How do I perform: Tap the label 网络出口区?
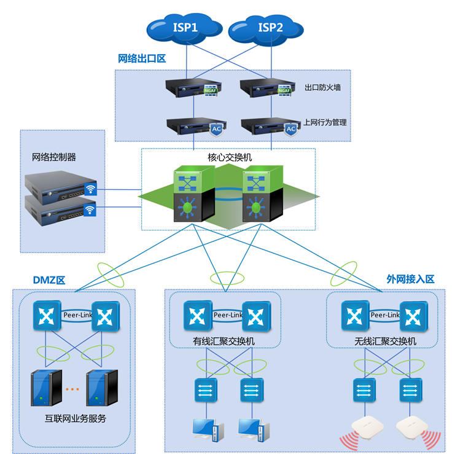point(142,59)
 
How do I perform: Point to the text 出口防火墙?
point(323,88)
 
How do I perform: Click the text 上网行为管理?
point(325,122)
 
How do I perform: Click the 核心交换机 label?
point(230,157)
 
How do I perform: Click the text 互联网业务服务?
point(76,419)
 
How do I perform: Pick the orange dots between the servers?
point(72,389)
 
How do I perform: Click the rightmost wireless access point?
point(411,427)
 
